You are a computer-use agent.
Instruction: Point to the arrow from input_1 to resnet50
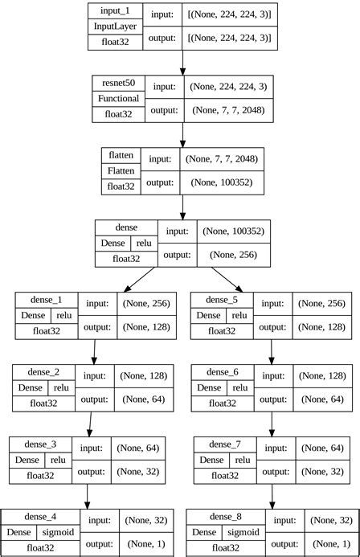pyautogui.click(x=183, y=61)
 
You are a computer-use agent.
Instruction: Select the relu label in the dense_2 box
pyautogui.click(x=67, y=387)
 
